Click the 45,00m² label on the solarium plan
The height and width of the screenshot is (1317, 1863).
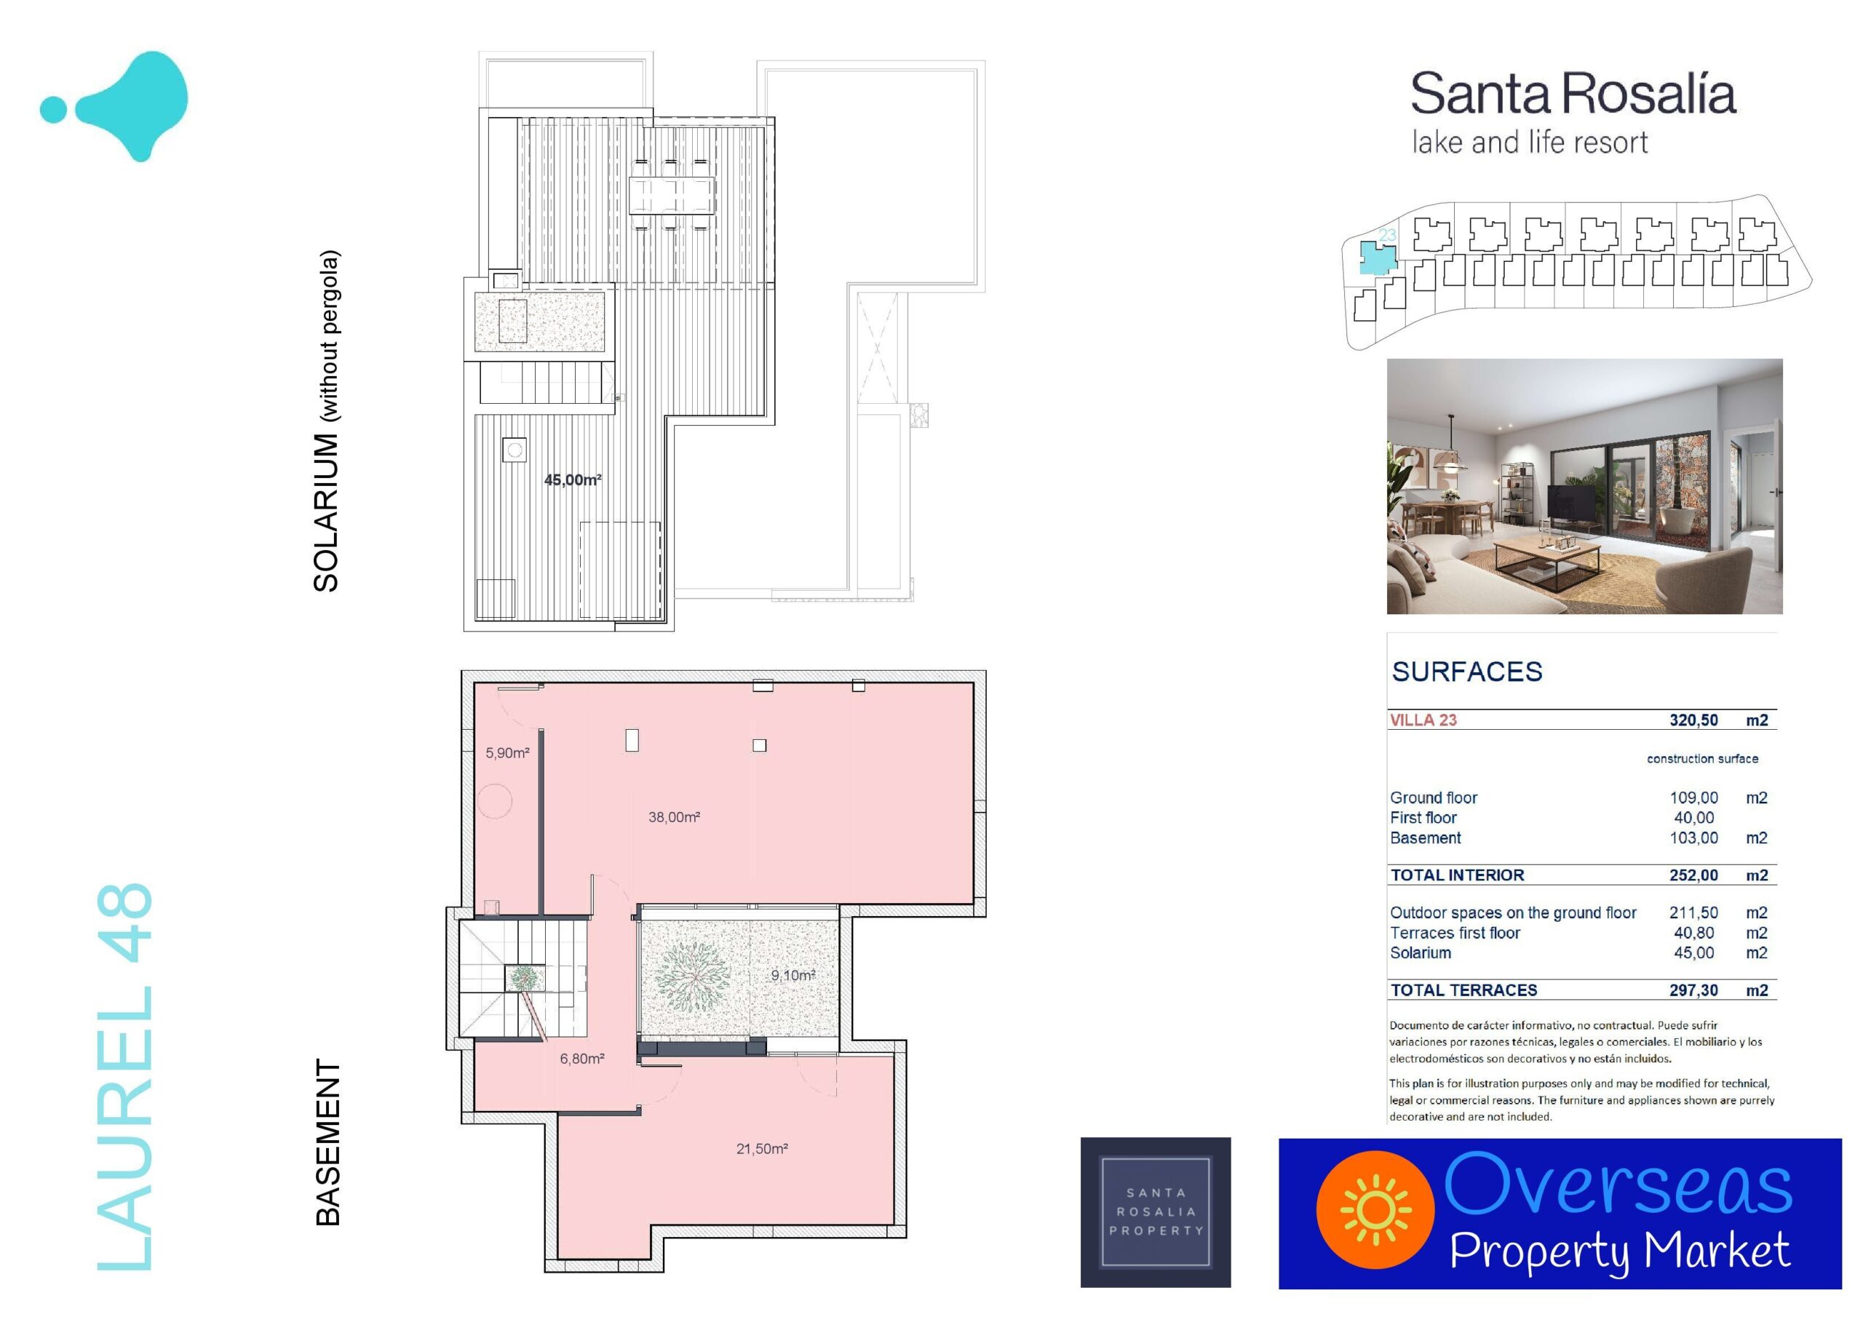[573, 480]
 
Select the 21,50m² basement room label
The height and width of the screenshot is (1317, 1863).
[762, 1148]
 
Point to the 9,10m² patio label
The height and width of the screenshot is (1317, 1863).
[793, 975]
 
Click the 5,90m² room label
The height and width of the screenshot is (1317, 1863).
[507, 753]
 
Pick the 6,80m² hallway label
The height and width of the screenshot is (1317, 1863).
[581, 1059]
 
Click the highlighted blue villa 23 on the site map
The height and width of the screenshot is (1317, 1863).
[1378, 258]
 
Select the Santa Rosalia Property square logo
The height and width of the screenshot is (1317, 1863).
[1156, 1212]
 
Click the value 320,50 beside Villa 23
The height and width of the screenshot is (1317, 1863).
[1693, 720]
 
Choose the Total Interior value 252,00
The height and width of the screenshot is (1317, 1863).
[1693, 875]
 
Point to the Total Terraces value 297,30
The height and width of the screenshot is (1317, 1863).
[1693, 990]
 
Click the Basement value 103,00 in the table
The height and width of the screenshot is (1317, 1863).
[1693, 837]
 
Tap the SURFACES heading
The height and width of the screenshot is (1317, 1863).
[1467, 672]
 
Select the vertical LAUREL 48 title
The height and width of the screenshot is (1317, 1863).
[124, 1077]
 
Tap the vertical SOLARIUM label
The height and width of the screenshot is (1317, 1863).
[326, 513]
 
